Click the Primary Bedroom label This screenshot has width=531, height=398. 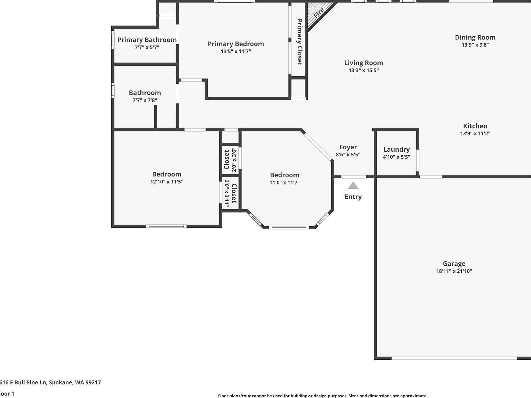[x=235, y=44]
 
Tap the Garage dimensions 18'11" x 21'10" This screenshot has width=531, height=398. [x=454, y=271]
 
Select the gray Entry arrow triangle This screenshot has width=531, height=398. [x=353, y=186]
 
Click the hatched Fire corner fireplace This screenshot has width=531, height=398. [x=318, y=13]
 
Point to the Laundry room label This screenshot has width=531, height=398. [x=396, y=150]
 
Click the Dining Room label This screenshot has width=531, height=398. [x=475, y=37]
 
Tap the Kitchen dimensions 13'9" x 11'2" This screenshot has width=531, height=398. [x=475, y=134]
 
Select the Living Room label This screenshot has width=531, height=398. [x=363, y=63]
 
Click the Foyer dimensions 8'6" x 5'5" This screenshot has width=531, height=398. [x=348, y=155]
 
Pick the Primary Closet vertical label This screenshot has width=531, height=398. [x=299, y=42]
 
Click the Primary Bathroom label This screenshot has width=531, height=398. [x=147, y=40]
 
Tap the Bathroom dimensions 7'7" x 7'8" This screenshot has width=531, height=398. [x=145, y=101]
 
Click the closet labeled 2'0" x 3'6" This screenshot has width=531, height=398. [x=230, y=160]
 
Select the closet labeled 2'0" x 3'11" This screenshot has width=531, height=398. [x=230, y=193]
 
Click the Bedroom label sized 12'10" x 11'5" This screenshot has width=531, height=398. [x=167, y=174]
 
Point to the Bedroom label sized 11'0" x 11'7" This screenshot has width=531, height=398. [x=284, y=175]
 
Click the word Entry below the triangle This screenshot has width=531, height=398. [x=353, y=197]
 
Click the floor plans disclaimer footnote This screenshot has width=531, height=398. [x=323, y=396]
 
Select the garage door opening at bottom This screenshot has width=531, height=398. [x=454, y=358]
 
